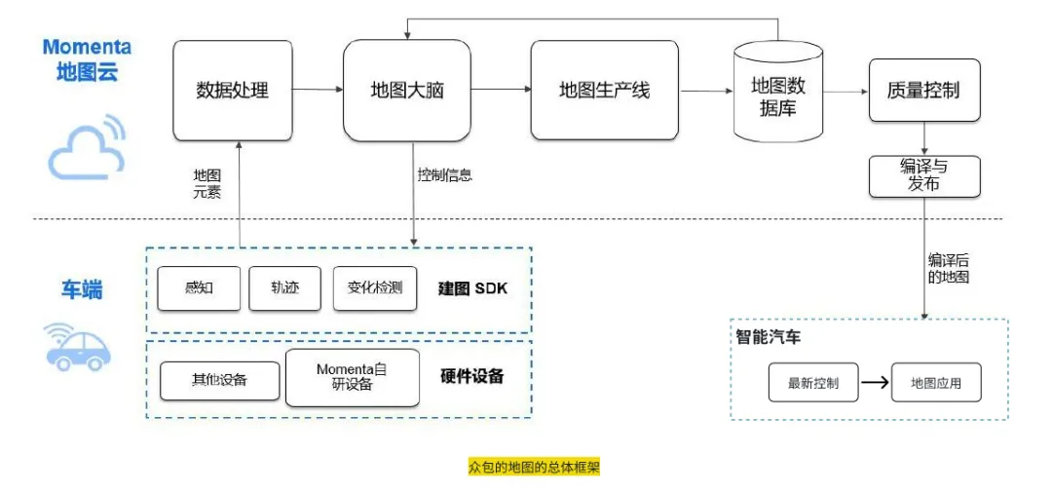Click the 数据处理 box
[x=233, y=91]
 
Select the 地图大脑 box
[x=407, y=91]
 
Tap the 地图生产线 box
[x=604, y=91]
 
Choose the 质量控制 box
[x=923, y=91]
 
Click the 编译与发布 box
[x=923, y=175]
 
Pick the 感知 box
[x=199, y=288]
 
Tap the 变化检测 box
[x=375, y=288]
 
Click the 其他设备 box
[x=219, y=379]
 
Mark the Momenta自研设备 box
[x=353, y=377]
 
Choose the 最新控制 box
[x=813, y=383]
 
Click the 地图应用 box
[x=935, y=383]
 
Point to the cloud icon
[x=87, y=148]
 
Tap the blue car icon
[x=78, y=347]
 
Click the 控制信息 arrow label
[x=445, y=175]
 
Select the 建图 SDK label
[x=472, y=289]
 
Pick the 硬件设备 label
[x=472, y=376]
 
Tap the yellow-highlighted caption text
[x=534, y=468]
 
